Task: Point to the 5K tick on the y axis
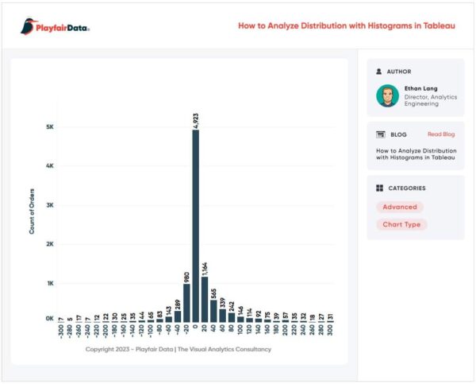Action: [49, 127]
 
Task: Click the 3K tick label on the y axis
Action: [49, 205]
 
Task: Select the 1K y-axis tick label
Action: [49, 283]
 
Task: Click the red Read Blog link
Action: [441, 134]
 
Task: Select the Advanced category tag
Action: [400, 207]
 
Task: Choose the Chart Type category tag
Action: [401, 224]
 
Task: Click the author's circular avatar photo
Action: [388, 95]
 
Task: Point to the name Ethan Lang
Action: [420, 88]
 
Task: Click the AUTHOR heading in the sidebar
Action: [399, 71]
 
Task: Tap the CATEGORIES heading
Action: [405, 188]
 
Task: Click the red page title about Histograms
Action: [347, 26]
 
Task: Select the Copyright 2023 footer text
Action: [178, 349]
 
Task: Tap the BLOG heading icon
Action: [380, 134]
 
